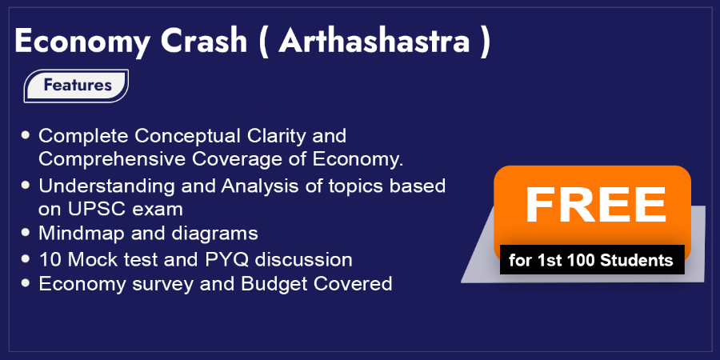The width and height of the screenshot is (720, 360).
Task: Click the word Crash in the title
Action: (204, 41)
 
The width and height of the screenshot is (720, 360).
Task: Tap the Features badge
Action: (76, 86)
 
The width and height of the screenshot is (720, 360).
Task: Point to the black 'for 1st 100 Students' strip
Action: (592, 260)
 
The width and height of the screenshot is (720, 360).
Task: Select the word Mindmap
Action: (82, 234)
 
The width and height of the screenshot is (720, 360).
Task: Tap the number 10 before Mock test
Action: (49, 260)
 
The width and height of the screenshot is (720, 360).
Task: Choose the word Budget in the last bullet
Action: (274, 284)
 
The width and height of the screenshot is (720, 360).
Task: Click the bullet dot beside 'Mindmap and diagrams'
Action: (26, 234)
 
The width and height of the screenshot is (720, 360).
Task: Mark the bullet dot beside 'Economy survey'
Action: (26, 283)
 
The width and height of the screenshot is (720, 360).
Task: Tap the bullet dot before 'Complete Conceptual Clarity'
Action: (26, 135)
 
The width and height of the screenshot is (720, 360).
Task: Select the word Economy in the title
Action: (82, 42)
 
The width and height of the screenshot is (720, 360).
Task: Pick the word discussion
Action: (304, 260)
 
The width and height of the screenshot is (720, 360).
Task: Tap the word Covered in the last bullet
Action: (353, 284)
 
